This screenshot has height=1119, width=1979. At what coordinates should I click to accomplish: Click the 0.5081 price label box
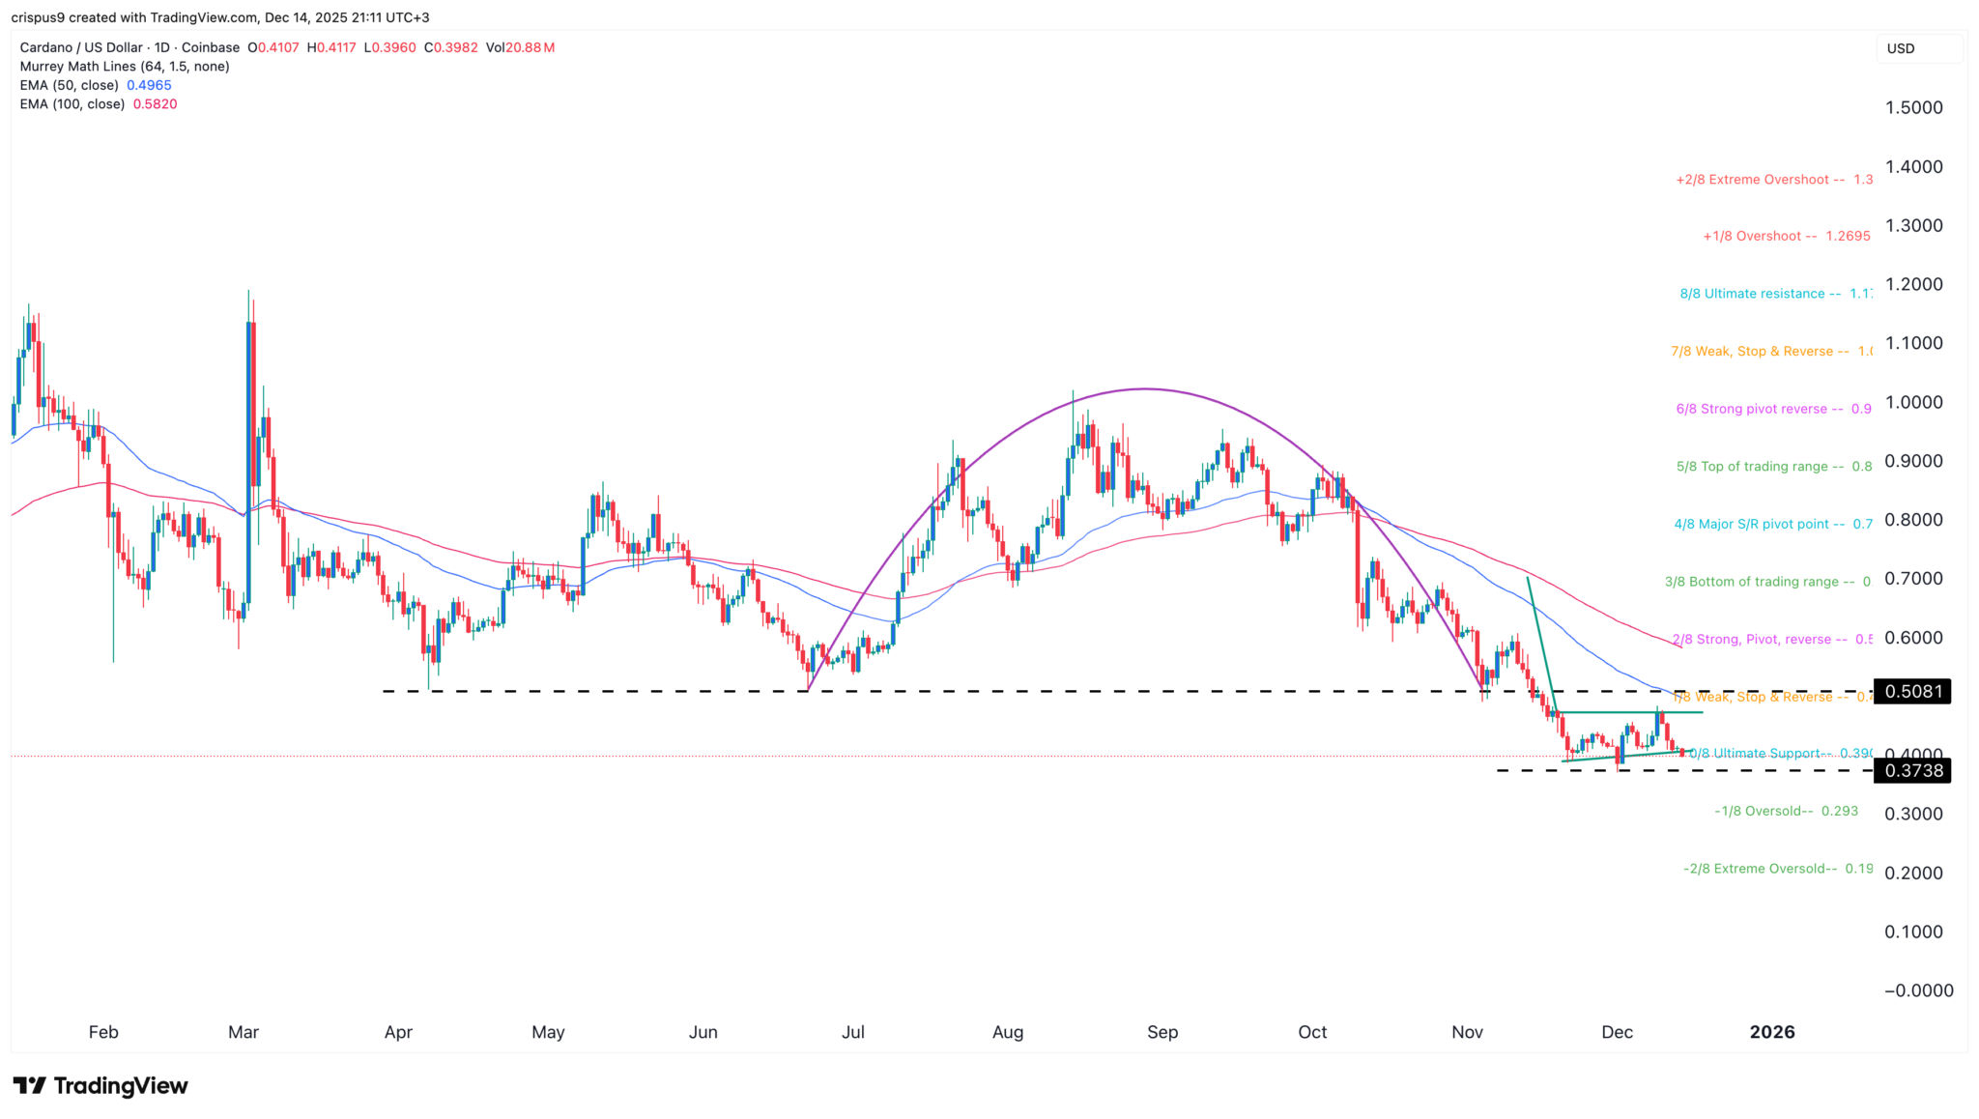coord(1911,691)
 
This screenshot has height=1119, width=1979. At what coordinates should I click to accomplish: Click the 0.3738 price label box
coord(1911,770)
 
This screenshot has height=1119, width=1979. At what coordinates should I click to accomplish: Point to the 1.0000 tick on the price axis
coord(1913,402)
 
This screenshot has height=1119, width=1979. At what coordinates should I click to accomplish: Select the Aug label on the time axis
coord(1007,1032)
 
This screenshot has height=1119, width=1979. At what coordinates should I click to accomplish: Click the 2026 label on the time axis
coord(1771,1032)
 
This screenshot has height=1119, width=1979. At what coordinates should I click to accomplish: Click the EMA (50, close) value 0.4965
coord(149,85)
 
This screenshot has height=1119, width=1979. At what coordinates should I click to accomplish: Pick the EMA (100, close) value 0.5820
coord(155,103)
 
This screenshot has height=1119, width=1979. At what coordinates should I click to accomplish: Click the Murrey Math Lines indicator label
coord(125,67)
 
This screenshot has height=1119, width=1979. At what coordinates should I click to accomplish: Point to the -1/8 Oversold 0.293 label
coord(1786,811)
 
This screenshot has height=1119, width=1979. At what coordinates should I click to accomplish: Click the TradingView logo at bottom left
coord(100,1085)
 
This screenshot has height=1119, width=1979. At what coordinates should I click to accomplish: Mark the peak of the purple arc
coord(1145,389)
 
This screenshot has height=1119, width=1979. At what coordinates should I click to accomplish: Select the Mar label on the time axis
coord(243,1032)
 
